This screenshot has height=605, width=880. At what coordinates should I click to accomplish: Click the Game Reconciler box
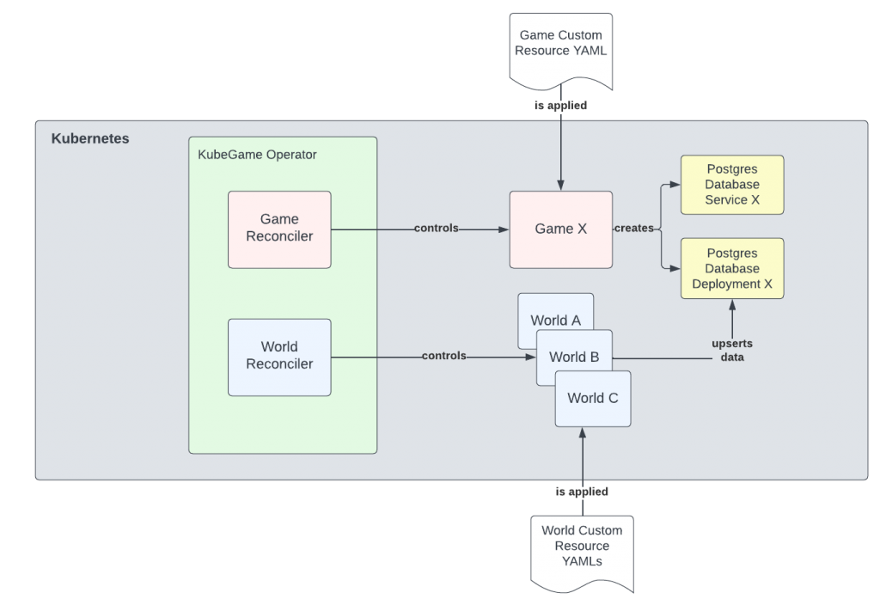279,229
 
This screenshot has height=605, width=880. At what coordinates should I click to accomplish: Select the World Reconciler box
279,357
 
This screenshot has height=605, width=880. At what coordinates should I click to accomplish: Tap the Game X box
560,229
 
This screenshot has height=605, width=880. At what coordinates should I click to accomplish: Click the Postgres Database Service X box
731,185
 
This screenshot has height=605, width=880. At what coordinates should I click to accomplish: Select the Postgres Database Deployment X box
731,268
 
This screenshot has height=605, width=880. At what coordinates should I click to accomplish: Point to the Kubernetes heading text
90,138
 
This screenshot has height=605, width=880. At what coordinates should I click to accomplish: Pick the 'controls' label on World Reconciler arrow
443,356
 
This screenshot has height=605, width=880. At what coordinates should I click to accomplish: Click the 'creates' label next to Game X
634,229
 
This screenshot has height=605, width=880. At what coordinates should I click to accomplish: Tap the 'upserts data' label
732,350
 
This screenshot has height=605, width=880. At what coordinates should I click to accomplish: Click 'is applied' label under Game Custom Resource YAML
560,105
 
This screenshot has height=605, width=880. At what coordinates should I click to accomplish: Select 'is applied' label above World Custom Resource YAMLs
582,492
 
